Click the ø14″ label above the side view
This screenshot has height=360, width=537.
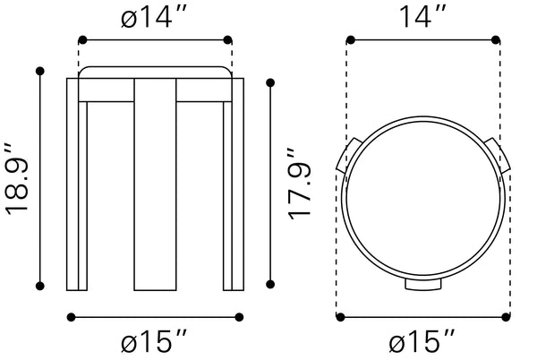click(x=154, y=18)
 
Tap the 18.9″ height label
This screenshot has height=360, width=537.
click(x=16, y=179)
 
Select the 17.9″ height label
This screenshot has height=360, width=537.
click(x=300, y=184)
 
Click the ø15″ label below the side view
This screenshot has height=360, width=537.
click(x=154, y=341)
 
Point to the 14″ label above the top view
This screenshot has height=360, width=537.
click(x=423, y=17)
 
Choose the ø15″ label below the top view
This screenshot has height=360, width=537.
click(x=422, y=341)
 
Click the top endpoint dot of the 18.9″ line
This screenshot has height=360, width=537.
click(x=40, y=72)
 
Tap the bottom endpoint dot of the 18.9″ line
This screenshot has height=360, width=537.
click(x=40, y=286)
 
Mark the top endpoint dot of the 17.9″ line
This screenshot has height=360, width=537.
click(x=270, y=82)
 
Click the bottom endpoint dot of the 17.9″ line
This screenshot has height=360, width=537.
click(x=270, y=284)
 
